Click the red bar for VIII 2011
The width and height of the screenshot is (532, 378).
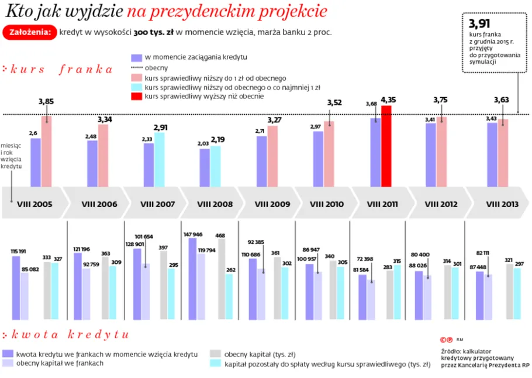(x=386, y=146)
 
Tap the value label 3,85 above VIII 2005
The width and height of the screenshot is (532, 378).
(x=46, y=101)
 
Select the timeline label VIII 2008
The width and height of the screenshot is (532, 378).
(x=215, y=204)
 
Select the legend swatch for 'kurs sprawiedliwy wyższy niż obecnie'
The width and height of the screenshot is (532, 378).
(x=136, y=96)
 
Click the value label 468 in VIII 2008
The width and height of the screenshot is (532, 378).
(x=220, y=235)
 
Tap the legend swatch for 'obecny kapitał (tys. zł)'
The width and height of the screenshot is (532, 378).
(x=215, y=354)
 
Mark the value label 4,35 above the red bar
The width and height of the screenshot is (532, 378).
(x=388, y=99)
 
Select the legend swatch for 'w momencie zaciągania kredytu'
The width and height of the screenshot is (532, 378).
(x=136, y=58)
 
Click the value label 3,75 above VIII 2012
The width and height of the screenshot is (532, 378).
(x=441, y=99)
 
